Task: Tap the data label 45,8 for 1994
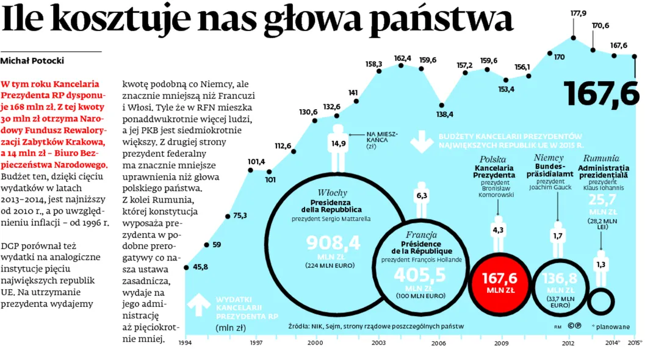[200, 267]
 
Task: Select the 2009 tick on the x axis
[502, 343]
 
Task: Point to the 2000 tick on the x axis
[315, 343]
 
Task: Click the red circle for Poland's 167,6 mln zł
[500, 282]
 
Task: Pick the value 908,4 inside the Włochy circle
[333, 243]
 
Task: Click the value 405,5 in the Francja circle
[419, 275]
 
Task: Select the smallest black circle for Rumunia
[601, 301]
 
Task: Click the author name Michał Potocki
[32, 60]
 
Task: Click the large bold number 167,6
[602, 93]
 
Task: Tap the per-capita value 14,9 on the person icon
[339, 143]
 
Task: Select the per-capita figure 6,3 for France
[421, 196]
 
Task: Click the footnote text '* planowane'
[610, 326]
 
